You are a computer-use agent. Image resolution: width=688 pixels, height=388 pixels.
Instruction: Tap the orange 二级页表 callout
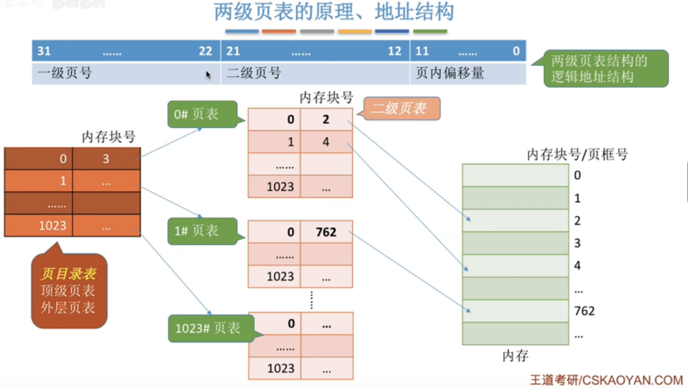398,109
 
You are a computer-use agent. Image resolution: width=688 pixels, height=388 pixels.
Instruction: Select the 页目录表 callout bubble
68,291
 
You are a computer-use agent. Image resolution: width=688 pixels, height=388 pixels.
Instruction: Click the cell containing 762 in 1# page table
326,232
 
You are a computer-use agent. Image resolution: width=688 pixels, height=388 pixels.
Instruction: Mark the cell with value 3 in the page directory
106,159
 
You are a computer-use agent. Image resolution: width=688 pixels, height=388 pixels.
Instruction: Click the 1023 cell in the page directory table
39,225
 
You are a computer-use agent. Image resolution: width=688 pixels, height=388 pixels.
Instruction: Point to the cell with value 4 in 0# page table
326,142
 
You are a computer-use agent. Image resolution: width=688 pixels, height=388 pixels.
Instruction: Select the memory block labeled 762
515,311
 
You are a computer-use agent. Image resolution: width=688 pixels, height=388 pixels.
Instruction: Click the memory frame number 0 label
577,175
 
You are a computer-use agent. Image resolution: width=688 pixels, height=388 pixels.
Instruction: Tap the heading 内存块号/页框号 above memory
577,155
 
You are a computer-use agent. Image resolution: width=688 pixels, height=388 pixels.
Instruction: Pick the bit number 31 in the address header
44,51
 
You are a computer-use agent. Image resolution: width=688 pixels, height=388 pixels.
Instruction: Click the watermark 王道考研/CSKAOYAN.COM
606,379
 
